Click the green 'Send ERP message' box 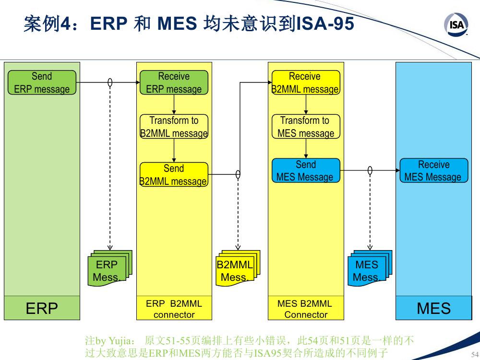point(42,83)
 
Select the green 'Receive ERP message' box point(174,83)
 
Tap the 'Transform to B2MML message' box point(174,126)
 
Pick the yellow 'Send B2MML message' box point(174,175)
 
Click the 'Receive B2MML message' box point(306,83)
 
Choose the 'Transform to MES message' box point(306,126)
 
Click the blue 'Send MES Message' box point(306,170)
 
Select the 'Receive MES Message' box point(434,170)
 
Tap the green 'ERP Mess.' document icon point(110,268)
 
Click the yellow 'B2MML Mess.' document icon point(238,268)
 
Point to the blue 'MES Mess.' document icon point(370,268)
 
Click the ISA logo point(456,24)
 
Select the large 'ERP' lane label point(42,308)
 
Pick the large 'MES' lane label point(433,308)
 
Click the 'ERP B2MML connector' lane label point(174,309)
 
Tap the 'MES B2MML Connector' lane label point(305,309)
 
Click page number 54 point(475,354)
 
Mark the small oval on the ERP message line point(110,83)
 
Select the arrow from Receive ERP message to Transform point(174,104)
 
